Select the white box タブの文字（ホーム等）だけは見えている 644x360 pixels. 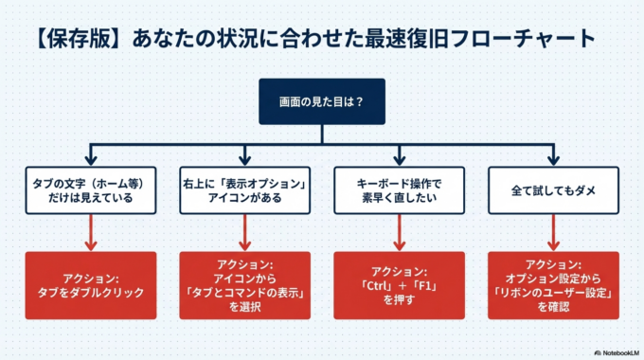[90, 189]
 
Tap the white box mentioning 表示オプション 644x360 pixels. [245, 189]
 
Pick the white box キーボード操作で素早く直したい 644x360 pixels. [399, 189]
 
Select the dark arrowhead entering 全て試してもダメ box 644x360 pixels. [553, 158]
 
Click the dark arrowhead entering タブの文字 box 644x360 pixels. [90, 158]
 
